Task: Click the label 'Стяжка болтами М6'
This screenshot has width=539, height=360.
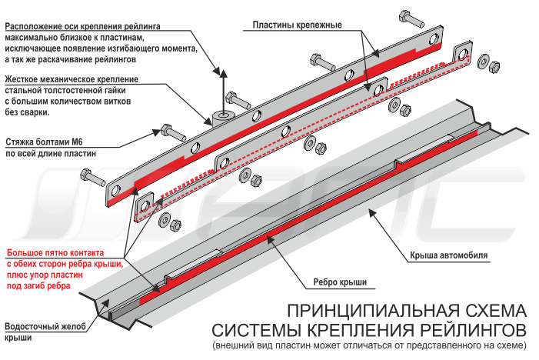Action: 49,142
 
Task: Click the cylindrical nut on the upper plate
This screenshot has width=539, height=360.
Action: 223,117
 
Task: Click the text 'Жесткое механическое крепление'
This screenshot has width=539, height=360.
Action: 71,79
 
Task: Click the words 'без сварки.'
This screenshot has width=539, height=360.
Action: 27,112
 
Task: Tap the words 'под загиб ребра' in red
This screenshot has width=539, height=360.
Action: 38,285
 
